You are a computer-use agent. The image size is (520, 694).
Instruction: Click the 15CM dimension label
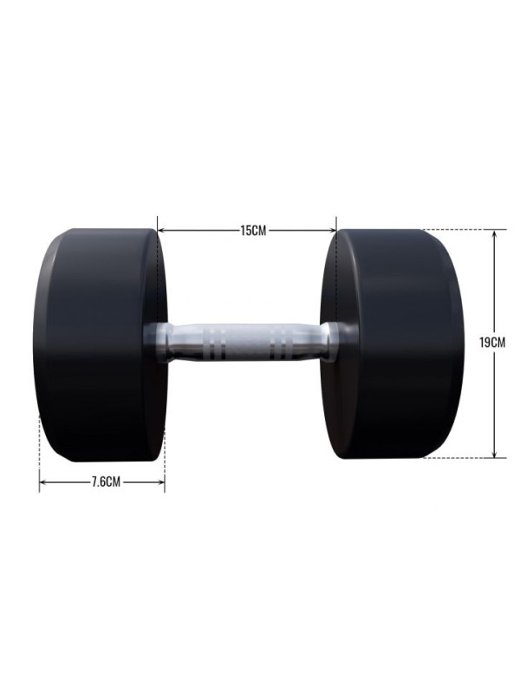point(253,231)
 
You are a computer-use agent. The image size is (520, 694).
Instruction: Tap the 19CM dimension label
point(492,342)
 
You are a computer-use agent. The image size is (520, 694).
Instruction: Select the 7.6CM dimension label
point(106,482)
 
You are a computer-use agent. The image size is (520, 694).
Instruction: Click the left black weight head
point(101,345)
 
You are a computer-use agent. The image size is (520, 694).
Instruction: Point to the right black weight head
point(393,344)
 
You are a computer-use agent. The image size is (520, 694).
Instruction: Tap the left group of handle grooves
point(216,343)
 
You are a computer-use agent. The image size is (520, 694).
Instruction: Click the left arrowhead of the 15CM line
point(162,230)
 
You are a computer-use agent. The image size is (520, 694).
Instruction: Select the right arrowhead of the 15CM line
point(332,230)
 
